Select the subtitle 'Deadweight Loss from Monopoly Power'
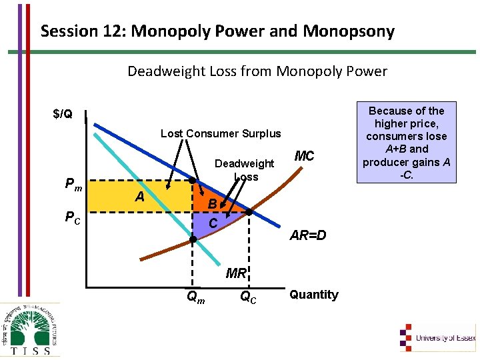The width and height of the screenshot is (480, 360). pyautogui.click(x=257, y=71)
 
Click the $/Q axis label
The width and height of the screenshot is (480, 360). pyautogui.click(x=63, y=115)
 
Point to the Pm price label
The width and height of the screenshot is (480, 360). pyautogui.click(x=73, y=185)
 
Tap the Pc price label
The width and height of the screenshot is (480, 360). pyautogui.click(x=73, y=216)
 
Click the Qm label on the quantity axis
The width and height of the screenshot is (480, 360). pyautogui.click(x=195, y=295)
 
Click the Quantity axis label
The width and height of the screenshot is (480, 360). pyautogui.click(x=314, y=295)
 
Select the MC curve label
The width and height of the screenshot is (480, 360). pyautogui.click(x=304, y=157)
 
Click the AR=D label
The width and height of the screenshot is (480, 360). pyautogui.click(x=307, y=235)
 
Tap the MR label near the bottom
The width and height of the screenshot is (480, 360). pyautogui.click(x=236, y=273)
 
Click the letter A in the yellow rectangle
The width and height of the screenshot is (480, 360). pyautogui.click(x=139, y=196)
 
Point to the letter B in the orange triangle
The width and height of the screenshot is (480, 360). pyautogui.click(x=211, y=203)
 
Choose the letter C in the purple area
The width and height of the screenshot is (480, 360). pyautogui.click(x=213, y=223)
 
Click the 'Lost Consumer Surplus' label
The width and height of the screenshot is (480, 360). pyautogui.click(x=221, y=133)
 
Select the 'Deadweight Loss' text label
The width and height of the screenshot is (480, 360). pyautogui.click(x=244, y=170)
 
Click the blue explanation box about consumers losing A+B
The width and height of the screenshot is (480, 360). pyautogui.click(x=406, y=143)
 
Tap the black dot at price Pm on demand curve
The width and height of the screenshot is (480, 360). pyautogui.click(x=192, y=181)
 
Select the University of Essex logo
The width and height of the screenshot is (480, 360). pyautogui.click(x=437, y=337)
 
